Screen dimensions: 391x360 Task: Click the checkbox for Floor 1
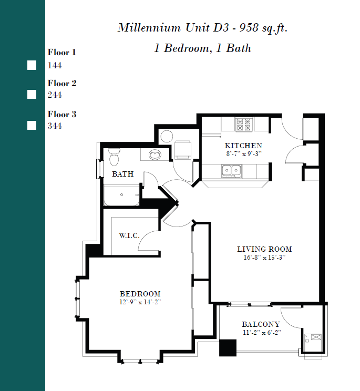point(32,65)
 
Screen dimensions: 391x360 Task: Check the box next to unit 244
point(32,95)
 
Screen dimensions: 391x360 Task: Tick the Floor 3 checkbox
point(32,126)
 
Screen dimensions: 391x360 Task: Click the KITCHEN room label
point(243,146)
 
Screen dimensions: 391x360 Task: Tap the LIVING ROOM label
point(264,249)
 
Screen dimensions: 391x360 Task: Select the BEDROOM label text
point(140,294)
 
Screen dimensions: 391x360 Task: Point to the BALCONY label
point(261,324)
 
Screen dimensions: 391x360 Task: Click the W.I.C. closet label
point(129,235)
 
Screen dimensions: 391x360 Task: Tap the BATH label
point(122,174)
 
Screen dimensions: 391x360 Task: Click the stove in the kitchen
point(244,124)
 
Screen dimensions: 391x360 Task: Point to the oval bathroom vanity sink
point(155,155)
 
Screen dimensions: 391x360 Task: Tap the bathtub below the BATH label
point(121,195)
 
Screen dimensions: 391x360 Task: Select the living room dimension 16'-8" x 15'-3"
point(264,258)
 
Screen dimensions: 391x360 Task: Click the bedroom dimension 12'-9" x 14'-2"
point(140,302)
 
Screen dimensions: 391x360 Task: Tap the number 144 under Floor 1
point(55,66)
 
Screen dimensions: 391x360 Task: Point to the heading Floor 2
point(62,83)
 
